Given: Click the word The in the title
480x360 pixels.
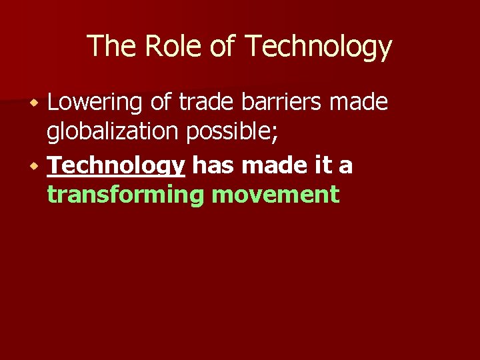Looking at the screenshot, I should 110,47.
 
